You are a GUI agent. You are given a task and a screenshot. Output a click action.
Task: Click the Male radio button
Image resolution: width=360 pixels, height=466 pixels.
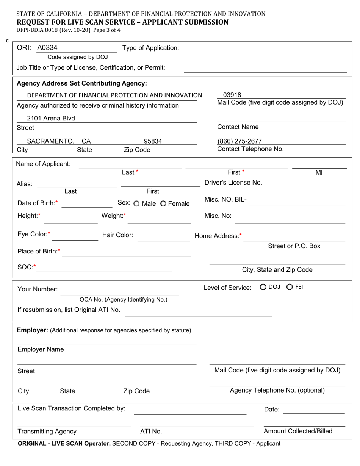136,204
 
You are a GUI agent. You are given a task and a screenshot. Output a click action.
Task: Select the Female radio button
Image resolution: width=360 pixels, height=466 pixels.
163,204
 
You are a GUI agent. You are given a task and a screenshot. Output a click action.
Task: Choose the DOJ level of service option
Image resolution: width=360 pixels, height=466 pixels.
263,287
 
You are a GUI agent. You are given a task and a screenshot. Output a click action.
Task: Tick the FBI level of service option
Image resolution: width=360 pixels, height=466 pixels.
290,287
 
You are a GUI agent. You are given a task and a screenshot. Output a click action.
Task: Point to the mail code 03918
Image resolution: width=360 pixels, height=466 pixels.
232,95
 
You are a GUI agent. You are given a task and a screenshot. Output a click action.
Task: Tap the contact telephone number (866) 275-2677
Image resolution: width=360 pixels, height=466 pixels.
239,141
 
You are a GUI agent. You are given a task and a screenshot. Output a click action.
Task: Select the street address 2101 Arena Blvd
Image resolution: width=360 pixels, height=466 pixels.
51,119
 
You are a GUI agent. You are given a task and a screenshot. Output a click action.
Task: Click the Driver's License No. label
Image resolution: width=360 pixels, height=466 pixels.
233,183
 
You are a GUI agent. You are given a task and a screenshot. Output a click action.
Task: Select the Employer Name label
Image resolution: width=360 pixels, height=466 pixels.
41,349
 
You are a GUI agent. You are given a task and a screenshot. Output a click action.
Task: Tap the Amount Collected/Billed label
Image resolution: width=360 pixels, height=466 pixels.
298,431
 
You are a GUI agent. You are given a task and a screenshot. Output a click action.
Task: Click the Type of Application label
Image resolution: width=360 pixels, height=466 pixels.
150,48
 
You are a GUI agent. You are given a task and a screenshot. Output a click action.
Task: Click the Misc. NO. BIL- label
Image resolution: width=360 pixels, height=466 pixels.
225,200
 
